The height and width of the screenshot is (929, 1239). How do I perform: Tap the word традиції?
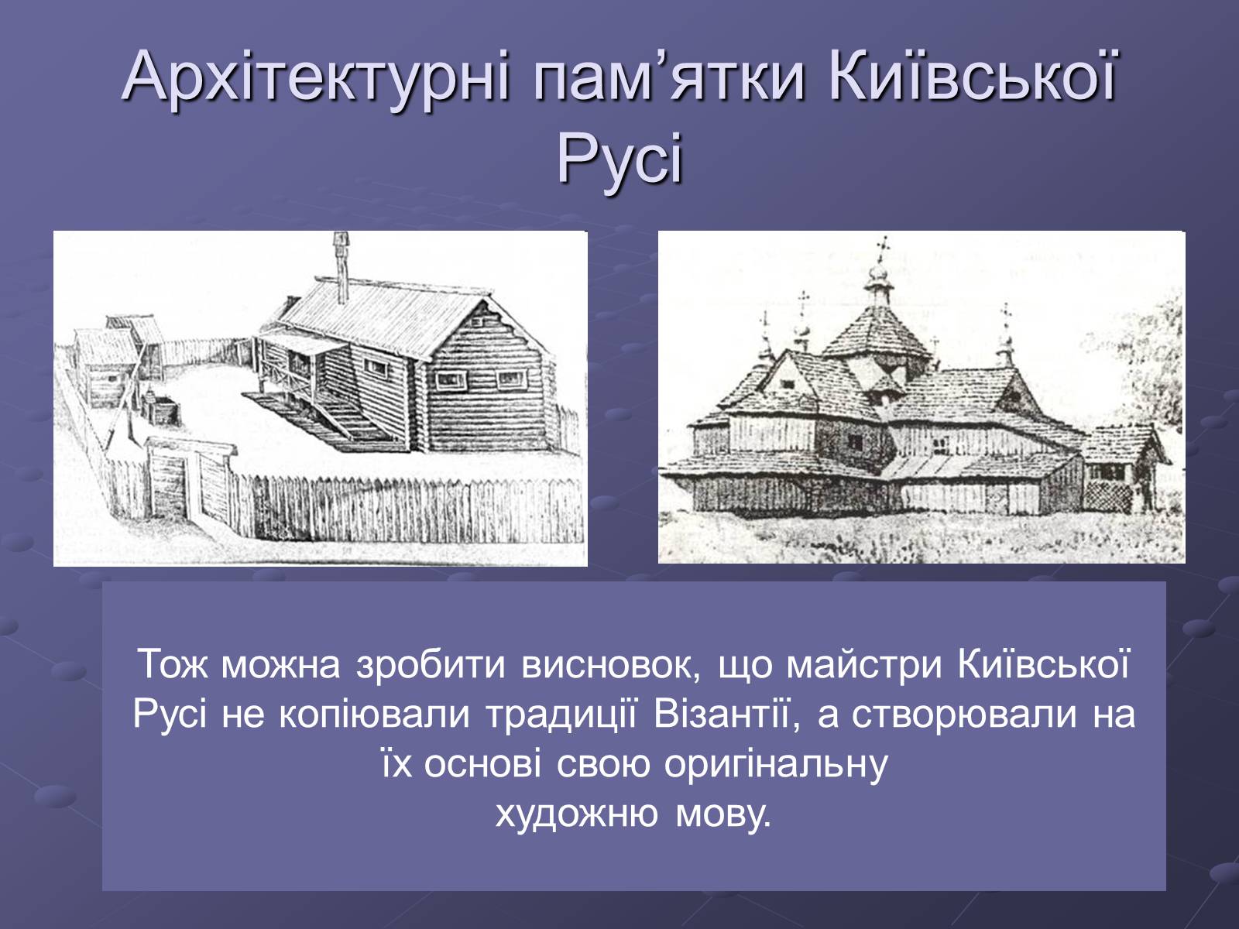coord(561,714)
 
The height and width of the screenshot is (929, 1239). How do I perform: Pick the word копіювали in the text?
coord(374,715)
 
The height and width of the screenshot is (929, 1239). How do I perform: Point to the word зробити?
coord(431,666)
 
